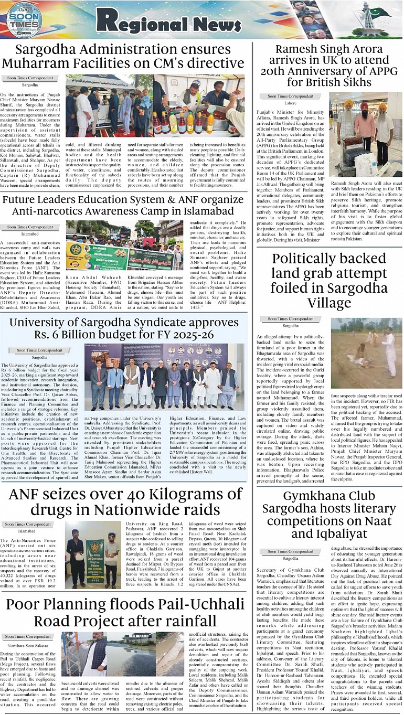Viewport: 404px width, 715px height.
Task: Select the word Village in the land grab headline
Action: click(x=329, y=303)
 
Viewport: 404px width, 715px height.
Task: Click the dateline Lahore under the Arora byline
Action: click(x=290, y=103)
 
